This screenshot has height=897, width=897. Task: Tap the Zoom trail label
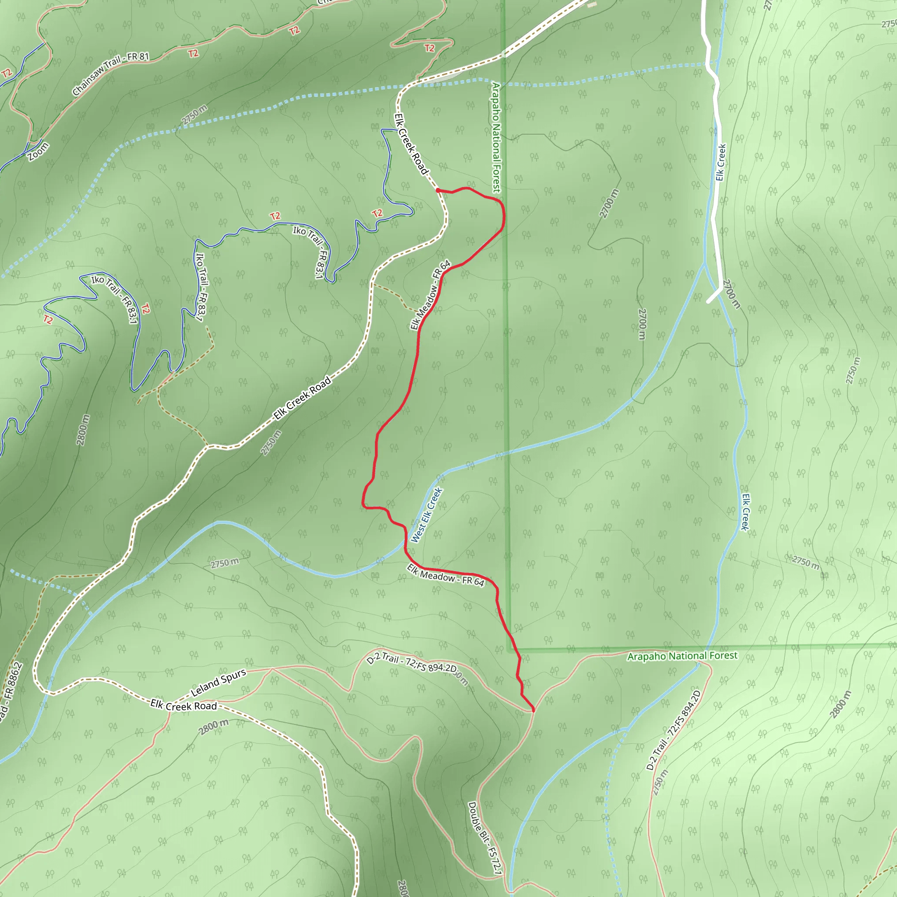point(38,152)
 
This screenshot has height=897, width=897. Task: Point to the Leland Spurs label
point(218,682)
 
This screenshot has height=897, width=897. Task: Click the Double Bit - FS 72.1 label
point(485,838)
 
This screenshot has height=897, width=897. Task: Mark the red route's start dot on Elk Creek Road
point(438,190)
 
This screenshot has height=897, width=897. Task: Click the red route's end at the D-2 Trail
point(533,710)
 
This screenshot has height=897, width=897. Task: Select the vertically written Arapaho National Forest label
point(496,138)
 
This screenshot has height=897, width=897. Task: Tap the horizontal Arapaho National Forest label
point(682,656)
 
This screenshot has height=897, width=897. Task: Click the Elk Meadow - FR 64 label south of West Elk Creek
point(446,576)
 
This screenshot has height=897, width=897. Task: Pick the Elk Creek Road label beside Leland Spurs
point(184,705)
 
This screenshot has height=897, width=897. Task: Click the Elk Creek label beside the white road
point(720,162)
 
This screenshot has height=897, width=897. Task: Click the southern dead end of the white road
point(709,302)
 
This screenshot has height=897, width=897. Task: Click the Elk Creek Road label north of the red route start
point(410,144)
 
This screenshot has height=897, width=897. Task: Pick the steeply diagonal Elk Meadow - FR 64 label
point(431,295)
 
